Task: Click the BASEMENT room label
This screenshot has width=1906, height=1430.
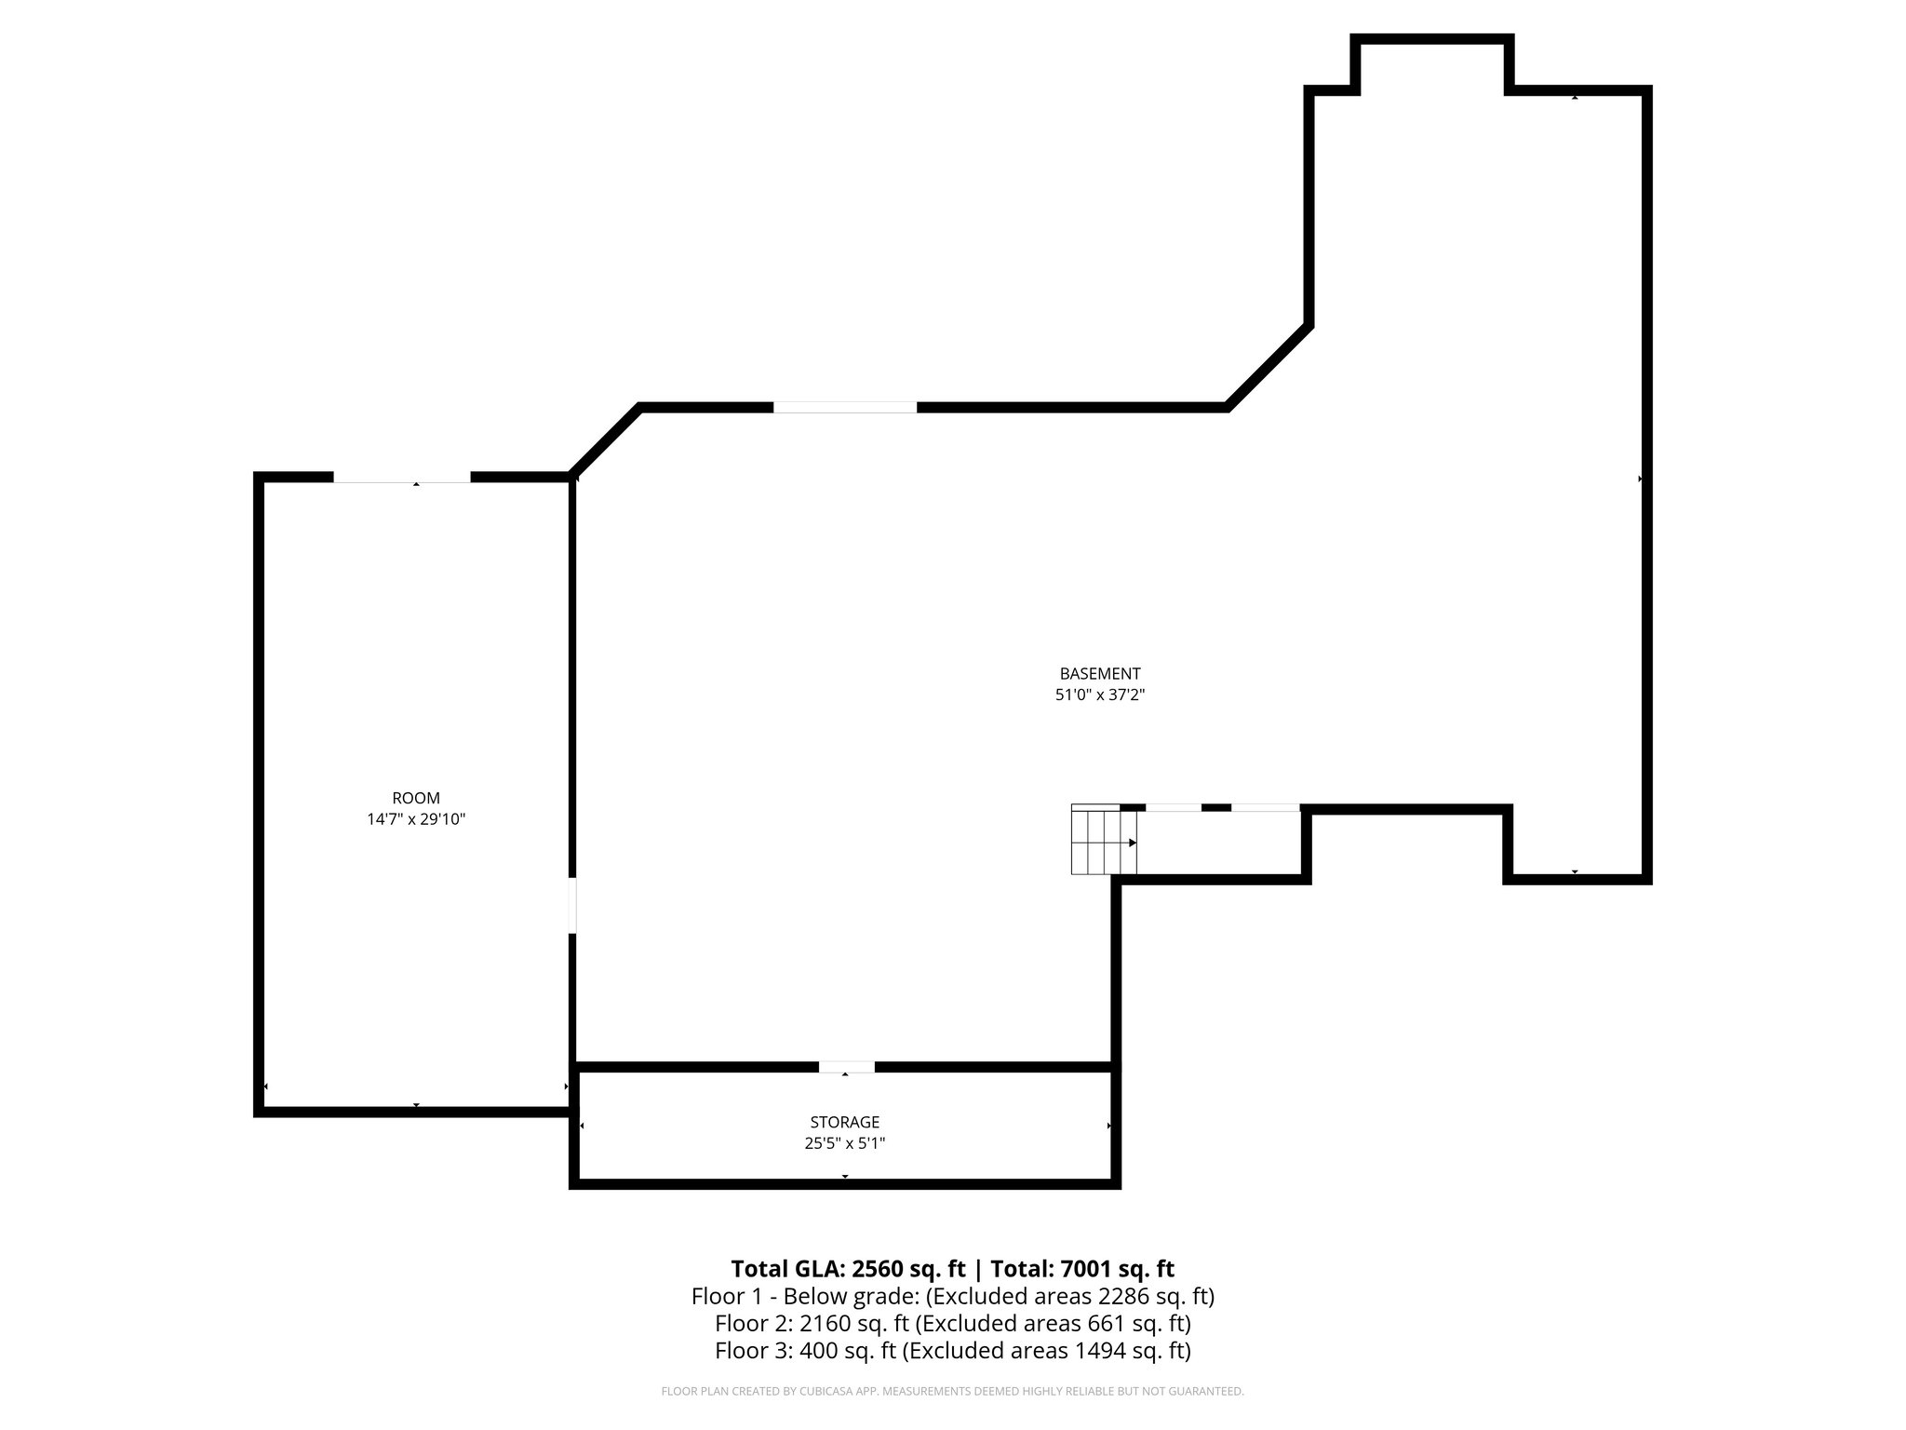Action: coord(1099,673)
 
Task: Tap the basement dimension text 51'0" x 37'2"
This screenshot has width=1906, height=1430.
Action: coord(1099,695)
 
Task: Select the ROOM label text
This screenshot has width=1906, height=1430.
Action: coord(416,798)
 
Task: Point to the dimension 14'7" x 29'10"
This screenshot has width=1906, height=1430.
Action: coord(416,819)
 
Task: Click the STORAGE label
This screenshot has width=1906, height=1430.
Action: coord(844,1123)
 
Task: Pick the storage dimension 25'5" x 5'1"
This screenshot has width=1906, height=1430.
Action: coord(844,1143)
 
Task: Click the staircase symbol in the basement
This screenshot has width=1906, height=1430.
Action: coord(1104,841)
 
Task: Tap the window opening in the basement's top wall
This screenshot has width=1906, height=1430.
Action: coord(844,407)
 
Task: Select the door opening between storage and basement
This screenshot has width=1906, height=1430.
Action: coord(846,1067)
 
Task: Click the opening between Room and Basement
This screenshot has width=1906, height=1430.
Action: coord(572,904)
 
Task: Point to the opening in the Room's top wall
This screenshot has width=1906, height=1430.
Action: coord(401,478)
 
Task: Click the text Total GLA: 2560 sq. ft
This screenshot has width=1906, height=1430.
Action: coord(848,1269)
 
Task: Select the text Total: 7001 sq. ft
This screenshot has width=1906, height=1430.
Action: coord(1081,1269)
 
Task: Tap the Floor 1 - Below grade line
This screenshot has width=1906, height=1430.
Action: coord(952,1296)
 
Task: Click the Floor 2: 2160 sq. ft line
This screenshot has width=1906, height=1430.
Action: coord(952,1323)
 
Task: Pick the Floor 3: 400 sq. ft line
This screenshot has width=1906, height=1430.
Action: coord(952,1350)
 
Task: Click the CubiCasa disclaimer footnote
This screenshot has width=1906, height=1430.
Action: coord(952,1392)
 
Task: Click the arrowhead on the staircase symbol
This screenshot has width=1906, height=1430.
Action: coord(1133,843)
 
